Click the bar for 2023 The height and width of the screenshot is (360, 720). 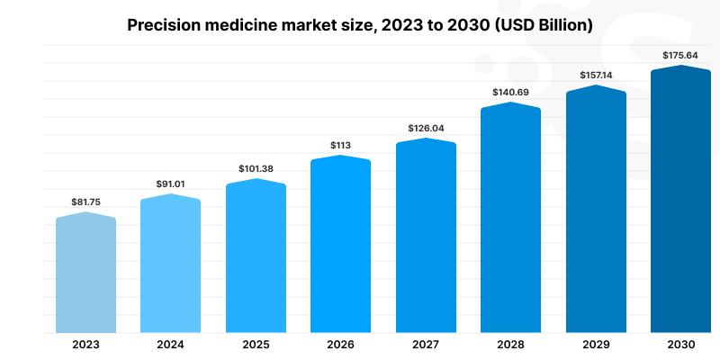tap(86, 274)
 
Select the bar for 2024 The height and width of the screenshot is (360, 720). tap(171, 265)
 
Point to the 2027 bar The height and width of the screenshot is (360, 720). tap(426, 238)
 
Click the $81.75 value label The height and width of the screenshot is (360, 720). tap(86, 202)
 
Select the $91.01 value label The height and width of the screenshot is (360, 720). tap(171, 184)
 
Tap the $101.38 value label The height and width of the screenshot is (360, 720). tap(256, 168)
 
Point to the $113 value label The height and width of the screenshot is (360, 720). tap(341, 145)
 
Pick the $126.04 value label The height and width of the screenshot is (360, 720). tap(426, 129)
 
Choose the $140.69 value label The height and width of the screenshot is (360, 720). tap(510, 92)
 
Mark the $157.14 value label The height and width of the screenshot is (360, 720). tap(596, 75)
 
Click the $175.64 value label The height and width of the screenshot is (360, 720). tap(680, 55)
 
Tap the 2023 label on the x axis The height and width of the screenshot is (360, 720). tap(86, 345)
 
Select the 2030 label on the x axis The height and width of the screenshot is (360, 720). tap(680, 345)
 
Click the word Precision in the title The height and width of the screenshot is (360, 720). tap(162, 25)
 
